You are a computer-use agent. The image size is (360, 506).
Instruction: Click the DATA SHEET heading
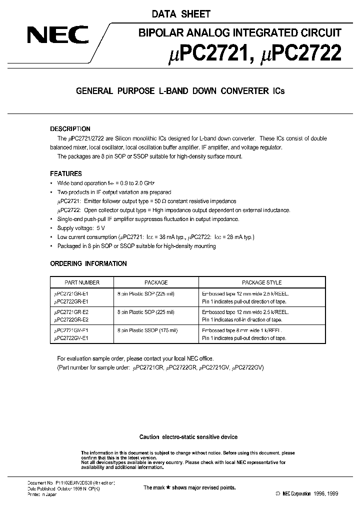[180, 14]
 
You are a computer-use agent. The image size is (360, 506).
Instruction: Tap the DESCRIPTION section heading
[70, 129]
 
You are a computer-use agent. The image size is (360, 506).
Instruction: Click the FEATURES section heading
[66, 174]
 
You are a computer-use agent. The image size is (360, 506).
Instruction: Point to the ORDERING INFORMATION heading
[88, 263]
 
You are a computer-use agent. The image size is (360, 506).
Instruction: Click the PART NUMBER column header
[82, 282]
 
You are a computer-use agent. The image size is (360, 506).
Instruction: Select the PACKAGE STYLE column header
[261, 282]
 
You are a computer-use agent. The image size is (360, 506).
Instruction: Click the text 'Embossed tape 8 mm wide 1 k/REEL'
[241, 330]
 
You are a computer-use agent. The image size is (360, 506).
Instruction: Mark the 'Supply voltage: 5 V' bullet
[83, 228]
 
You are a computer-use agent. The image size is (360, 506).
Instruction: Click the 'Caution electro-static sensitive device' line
[188, 437]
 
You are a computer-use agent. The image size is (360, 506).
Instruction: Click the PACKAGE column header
[156, 282]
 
